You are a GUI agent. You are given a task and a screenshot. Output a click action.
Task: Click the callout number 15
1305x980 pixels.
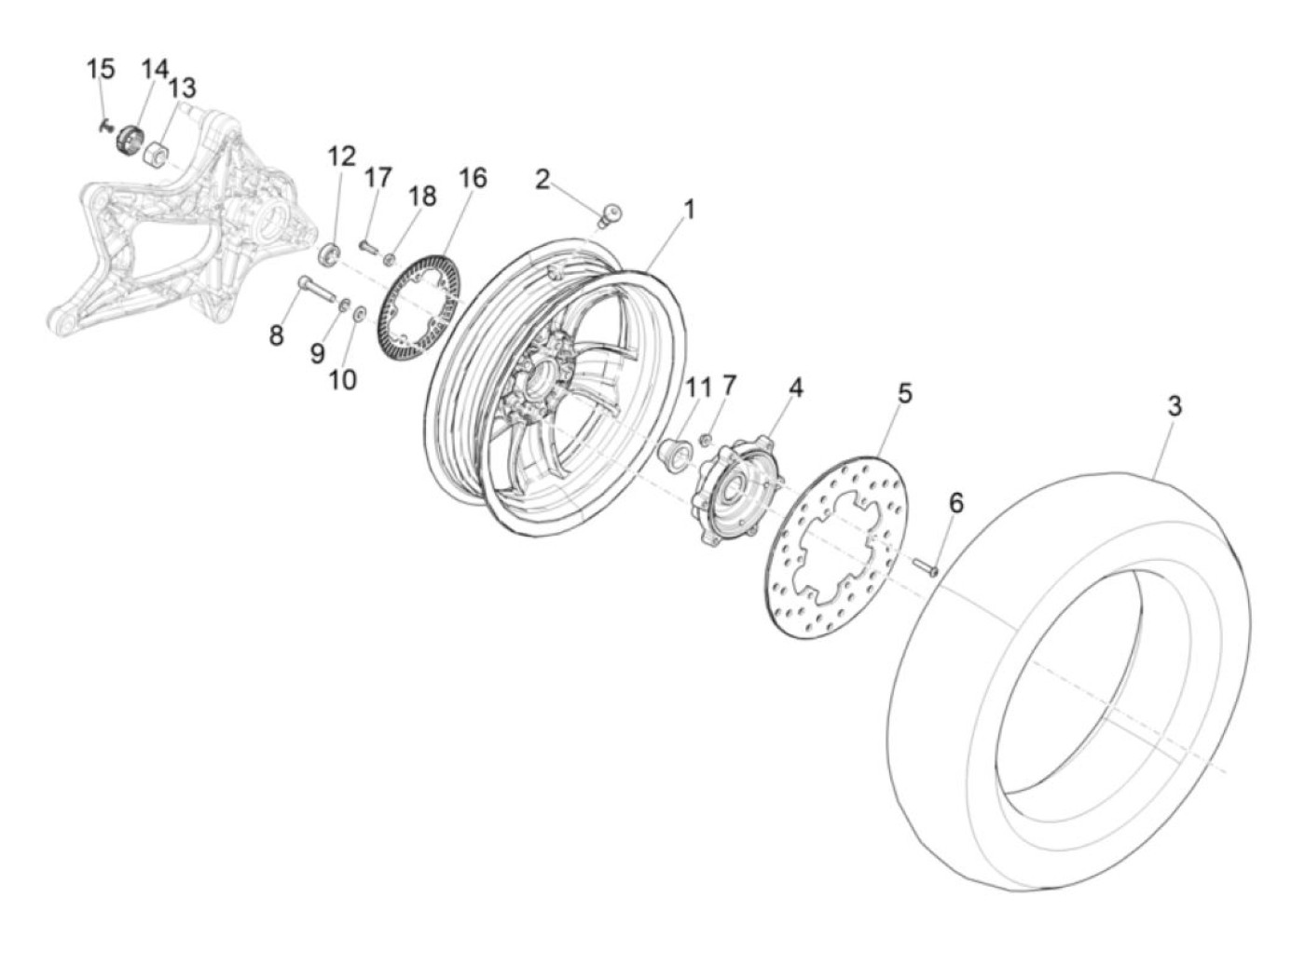(x=101, y=68)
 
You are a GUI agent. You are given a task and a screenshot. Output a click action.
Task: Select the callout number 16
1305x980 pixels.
(x=474, y=177)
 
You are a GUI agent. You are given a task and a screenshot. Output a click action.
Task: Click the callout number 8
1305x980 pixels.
(x=276, y=334)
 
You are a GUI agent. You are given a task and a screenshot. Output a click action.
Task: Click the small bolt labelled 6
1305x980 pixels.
(x=926, y=565)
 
